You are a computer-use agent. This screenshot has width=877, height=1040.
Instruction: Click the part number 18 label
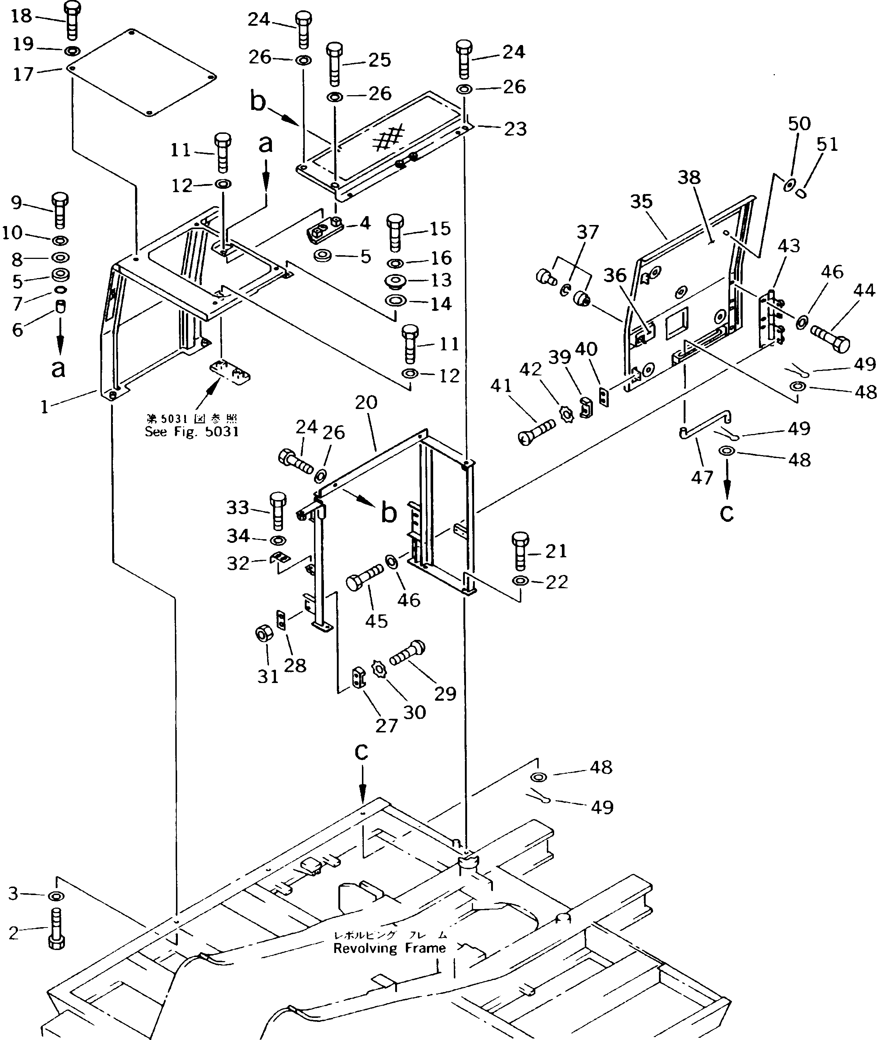tap(21, 16)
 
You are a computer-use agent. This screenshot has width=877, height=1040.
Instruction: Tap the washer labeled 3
tap(56, 896)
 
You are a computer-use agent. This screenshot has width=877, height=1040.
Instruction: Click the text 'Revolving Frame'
tap(389, 948)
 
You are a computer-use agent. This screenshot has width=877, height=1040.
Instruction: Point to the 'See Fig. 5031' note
tap(192, 431)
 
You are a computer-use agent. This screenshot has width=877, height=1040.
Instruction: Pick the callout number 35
tap(641, 202)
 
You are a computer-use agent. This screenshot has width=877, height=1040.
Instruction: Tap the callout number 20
tap(366, 402)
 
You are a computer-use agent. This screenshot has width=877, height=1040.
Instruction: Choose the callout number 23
tap(515, 129)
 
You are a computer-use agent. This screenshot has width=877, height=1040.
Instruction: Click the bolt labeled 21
tap(520, 551)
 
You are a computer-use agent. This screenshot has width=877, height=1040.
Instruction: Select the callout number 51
tap(827, 144)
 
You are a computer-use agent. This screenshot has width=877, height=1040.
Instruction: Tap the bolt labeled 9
tap(60, 209)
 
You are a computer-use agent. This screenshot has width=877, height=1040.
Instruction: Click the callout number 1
tap(45, 407)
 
